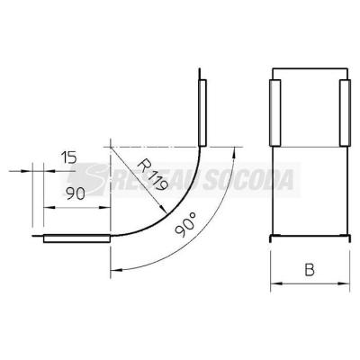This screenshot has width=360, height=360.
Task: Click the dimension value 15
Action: click(69, 157)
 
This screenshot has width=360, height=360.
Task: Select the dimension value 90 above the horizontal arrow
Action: click(76, 193)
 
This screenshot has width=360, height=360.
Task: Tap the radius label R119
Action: click(152, 176)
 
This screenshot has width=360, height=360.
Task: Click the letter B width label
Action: click(310, 269)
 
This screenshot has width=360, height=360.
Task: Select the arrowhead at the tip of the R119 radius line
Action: click(163, 209)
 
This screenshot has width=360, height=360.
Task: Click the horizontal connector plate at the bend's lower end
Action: click(76, 238)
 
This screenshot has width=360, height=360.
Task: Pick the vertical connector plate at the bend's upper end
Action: click(202, 112)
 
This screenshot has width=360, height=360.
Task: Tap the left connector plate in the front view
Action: click(274, 112)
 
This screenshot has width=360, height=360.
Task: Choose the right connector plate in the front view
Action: click(345, 112)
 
